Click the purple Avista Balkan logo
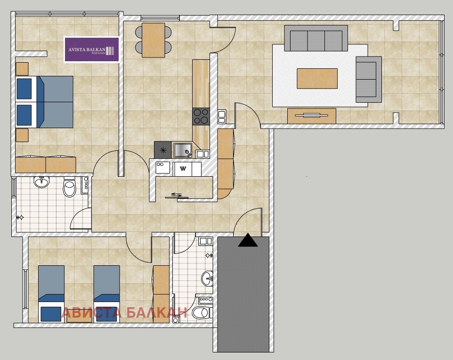91,49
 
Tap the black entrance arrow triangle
248,241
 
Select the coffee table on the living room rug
317,78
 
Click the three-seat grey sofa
316,38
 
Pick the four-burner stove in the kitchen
201,116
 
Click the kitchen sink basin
183,150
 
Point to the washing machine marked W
183,169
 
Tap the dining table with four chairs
154,40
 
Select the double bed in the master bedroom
44,102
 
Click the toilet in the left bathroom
69,187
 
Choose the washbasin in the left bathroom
41,182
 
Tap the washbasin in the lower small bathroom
208,279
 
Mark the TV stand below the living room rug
312,115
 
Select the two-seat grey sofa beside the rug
369,79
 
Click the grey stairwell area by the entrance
243,295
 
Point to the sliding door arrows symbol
176,196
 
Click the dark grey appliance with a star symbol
163,150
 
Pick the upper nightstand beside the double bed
22,69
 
